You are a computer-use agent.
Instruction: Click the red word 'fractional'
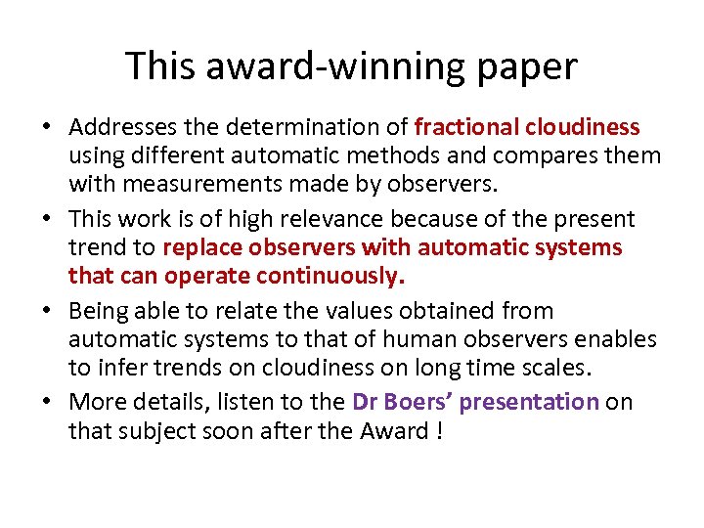point(465,127)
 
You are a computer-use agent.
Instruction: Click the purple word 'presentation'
point(529,402)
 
